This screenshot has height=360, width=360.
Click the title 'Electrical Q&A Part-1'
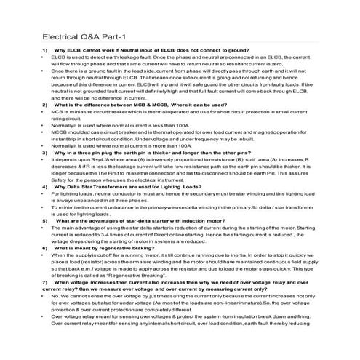[x=84, y=36]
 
